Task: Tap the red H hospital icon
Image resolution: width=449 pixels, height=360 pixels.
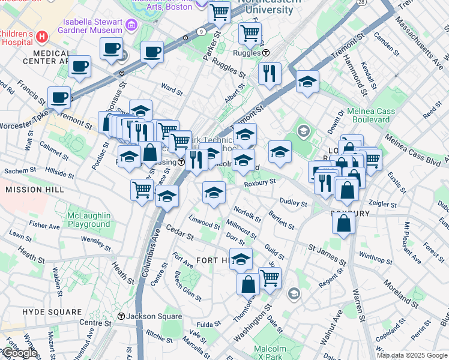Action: coord(41,37)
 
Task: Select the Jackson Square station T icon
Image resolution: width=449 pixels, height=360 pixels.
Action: coord(121,316)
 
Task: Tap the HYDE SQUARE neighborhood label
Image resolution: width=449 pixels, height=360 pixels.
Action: coord(52,312)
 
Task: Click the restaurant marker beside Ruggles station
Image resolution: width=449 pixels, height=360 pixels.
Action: coord(270,73)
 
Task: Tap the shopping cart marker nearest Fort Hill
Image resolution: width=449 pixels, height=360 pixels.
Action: coord(270,278)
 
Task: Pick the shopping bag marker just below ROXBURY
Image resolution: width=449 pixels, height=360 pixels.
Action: coord(345,223)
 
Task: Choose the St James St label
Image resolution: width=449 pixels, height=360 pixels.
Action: coord(327,254)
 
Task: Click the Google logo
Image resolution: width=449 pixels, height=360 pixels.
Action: coord(19,353)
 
